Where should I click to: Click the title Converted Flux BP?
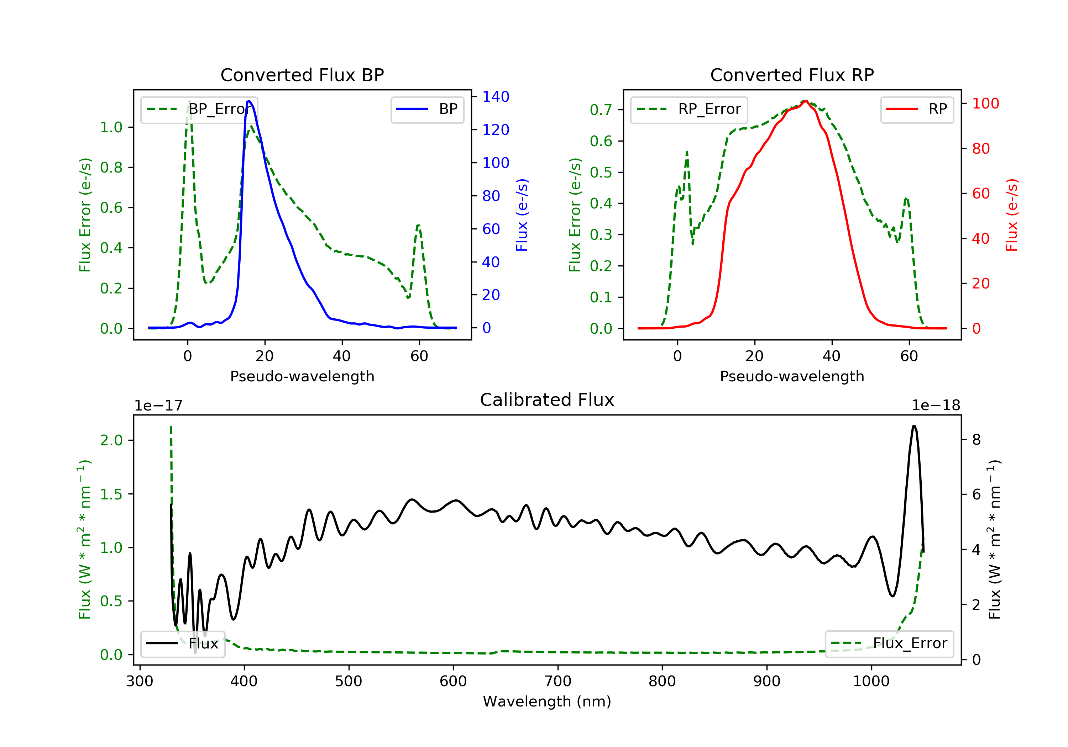[x=302, y=75]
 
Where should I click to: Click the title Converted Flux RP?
[x=792, y=75]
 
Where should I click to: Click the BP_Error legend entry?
[x=199, y=109]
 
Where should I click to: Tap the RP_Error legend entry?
[x=689, y=109]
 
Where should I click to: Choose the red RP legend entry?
[x=917, y=109]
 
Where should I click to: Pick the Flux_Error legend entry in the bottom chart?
[x=889, y=643]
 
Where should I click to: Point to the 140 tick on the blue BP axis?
[x=496, y=97]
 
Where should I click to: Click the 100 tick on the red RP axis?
[x=985, y=104]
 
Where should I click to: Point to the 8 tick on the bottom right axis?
[x=977, y=440]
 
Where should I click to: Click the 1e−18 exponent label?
[x=936, y=406]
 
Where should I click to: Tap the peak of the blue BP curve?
[x=249, y=101]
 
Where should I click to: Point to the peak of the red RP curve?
[x=805, y=101]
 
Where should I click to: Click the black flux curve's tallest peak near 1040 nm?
[x=914, y=426]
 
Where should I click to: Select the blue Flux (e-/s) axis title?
[x=522, y=215]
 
